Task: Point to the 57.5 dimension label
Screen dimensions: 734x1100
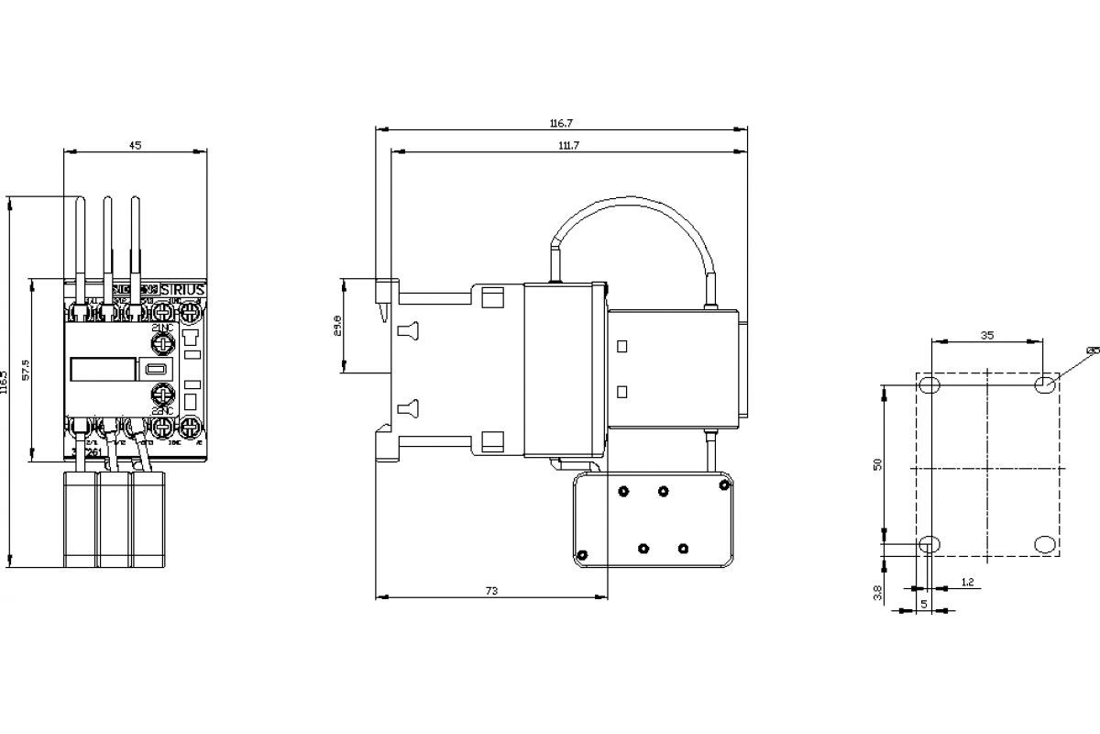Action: tap(27, 370)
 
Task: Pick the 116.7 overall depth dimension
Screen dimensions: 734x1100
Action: tap(560, 123)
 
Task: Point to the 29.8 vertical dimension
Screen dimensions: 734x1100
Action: tap(337, 326)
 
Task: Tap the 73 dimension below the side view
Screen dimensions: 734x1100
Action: tap(491, 592)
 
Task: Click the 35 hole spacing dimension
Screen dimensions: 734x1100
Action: tap(986, 336)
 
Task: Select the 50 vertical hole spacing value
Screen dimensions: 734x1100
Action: tap(877, 464)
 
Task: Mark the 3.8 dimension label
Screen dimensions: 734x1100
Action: tap(877, 594)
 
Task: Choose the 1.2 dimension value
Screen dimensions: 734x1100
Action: tap(967, 583)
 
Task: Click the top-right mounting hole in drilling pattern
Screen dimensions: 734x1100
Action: tap(1044, 384)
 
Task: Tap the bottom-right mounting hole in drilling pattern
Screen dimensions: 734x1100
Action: tap(1044, 544)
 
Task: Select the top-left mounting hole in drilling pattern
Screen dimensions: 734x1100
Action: tap(929, 384)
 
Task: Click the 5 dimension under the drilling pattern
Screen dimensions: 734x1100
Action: tap(923, 604)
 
